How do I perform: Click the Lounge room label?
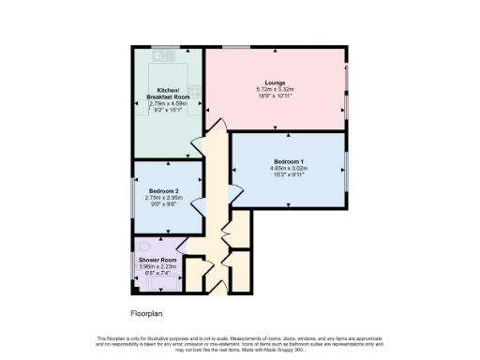(275, 82)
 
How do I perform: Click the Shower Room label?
(157, 259)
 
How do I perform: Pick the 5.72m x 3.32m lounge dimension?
(275, 90)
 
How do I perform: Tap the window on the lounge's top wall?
(235, 46)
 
